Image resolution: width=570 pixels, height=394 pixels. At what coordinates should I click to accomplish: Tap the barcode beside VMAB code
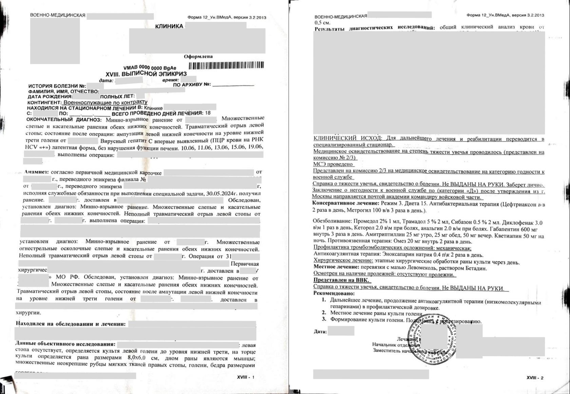point(226,65)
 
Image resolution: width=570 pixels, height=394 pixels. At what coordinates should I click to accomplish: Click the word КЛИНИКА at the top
point(169,26)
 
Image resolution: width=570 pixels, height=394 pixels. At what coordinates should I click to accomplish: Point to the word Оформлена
point(198,57)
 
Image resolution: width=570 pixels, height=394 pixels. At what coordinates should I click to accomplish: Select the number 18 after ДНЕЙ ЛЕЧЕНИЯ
point(208,113)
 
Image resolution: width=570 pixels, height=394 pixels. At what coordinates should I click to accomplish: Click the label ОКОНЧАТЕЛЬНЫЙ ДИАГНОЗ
point(64,120)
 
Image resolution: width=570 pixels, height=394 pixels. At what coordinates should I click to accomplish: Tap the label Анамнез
point(36,172)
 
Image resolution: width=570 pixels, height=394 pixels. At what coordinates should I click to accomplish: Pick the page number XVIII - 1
point(245,377)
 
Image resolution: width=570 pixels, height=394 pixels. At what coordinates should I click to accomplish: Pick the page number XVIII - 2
point(535,378)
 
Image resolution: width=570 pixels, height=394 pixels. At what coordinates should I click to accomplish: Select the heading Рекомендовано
point(334,293)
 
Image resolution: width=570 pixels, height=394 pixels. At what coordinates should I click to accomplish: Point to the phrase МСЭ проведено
point(333,164)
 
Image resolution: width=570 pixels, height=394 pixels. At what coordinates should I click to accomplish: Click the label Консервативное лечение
point(345,203)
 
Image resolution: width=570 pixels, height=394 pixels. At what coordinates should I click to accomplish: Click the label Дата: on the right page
point(320,332)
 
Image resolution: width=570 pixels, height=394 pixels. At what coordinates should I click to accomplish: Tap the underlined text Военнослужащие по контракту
point(105,102)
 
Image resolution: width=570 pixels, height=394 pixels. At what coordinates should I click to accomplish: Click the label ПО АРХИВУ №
point(192,84)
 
